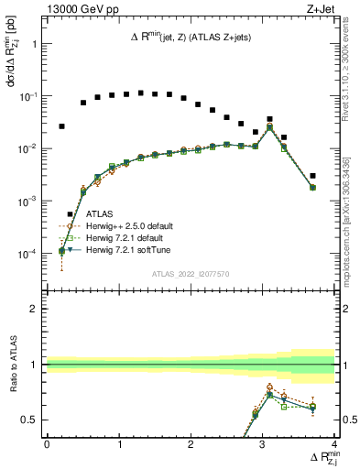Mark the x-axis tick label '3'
click(263, 444)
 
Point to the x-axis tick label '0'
click(47, 444)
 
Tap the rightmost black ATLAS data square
click(312, 176)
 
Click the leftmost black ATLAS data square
click(61, 126)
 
